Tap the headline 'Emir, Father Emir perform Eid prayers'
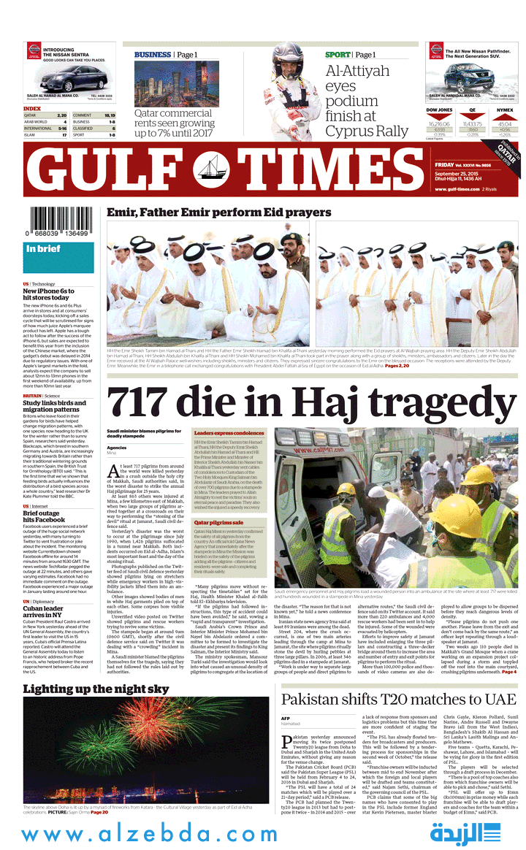coord(218,212)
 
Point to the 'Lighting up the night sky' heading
coord(96,689)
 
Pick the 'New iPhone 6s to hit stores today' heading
coord(48,294)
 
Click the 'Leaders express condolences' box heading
coord(229,434)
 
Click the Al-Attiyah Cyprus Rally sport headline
coord(367,100)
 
